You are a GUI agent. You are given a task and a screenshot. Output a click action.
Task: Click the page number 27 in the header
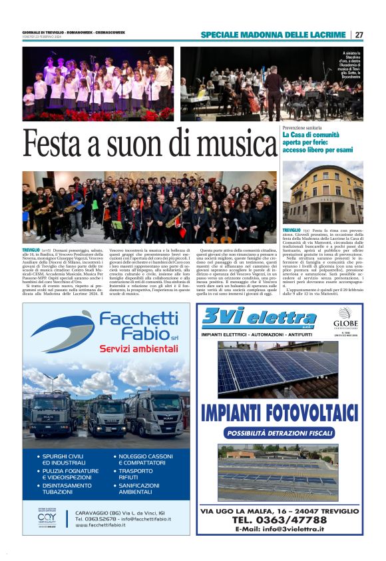[x=359, y=35]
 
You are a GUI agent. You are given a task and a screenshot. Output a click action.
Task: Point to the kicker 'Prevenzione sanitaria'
[x=302, y=127]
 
